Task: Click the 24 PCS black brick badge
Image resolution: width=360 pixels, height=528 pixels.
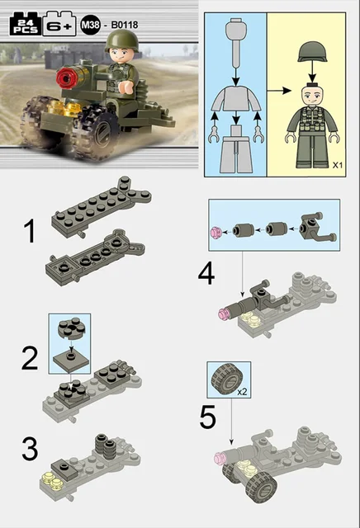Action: [x=26, y=24]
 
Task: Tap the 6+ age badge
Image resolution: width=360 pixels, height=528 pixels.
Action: [x=59, y=24]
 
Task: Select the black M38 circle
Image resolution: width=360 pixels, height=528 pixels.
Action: [x=90, y=25]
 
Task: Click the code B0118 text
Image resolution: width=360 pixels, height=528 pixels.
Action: [x=125, y=25]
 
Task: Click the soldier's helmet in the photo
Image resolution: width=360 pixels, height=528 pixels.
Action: [x=121, y=40]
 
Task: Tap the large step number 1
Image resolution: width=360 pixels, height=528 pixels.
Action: [x=30, y=231]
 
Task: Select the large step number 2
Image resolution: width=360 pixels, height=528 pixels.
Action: [x=30, y=359]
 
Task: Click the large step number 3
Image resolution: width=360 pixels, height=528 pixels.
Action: [x=30, y=449]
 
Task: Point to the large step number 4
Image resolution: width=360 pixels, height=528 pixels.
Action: [x=206, y=274]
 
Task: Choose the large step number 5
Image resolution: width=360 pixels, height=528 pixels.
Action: [x=207, y=417]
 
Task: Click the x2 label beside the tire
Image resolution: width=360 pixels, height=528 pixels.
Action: [x=242, y=392]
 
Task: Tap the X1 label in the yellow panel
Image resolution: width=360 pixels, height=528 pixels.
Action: [x=338, y=165]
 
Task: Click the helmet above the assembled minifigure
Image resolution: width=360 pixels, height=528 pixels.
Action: [x=313, y=51]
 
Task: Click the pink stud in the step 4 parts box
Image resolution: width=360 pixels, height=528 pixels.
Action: [x=216, y=233]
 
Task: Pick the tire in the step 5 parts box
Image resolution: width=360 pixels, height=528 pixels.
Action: [x=227, y=379]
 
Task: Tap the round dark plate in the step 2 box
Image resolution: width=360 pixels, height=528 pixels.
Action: [x=71, y=328]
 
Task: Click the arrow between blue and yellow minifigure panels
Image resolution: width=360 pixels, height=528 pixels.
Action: [x=279, y=91]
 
